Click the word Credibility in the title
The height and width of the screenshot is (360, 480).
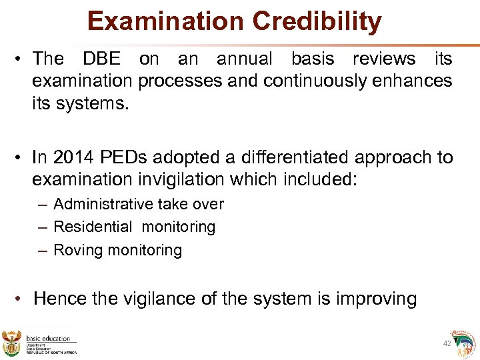coord(317,21)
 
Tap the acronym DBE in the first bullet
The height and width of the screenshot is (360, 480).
coord(101,59)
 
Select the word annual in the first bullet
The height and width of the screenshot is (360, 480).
coord(244,59)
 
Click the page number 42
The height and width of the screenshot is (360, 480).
coord(447,343)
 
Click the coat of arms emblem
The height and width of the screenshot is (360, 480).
coord(13,342)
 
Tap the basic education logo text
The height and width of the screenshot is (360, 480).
coord(48,339)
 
